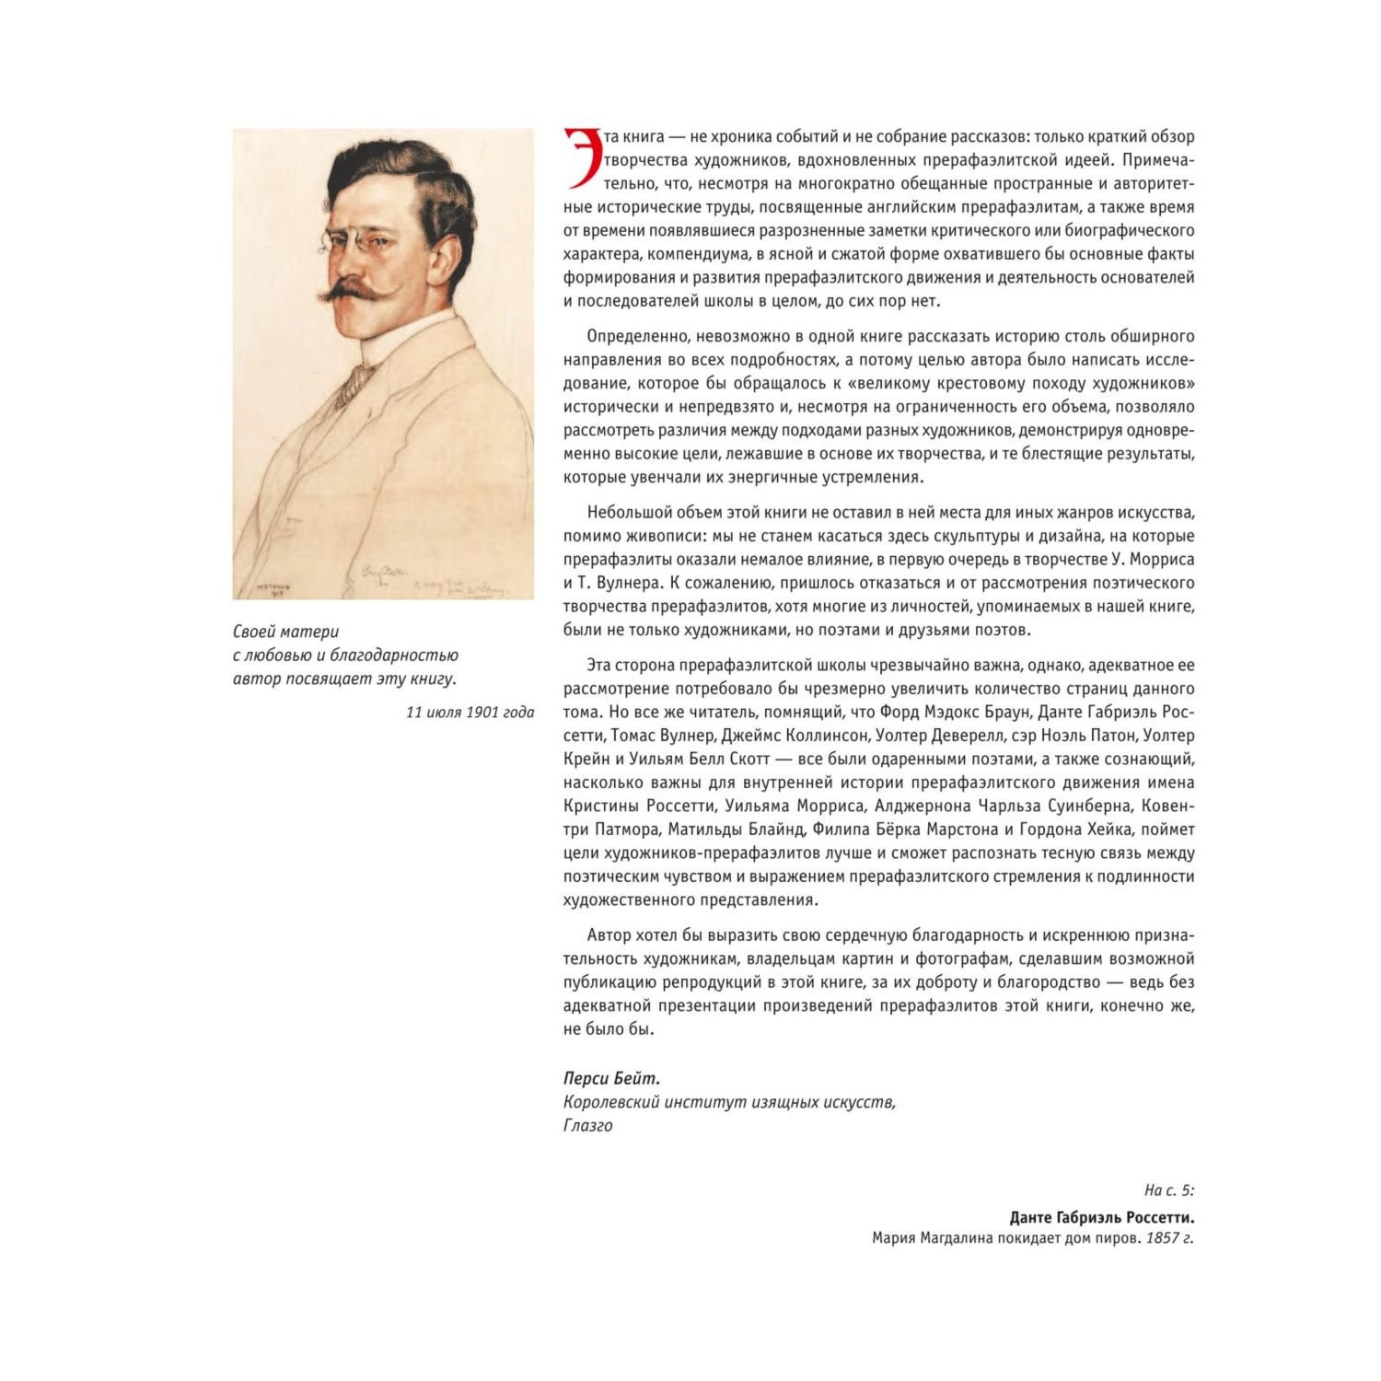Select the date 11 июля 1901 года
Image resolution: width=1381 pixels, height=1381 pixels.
pyautogui.click(x=470, y=712)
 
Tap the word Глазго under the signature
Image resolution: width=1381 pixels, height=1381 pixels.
pyautogui.click(x=587, y=1125)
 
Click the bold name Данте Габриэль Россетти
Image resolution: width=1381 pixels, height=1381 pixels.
pyautogui.click(x=1101, y=1217)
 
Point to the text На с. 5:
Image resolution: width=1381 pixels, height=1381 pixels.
pyautogui.click(x=1168, y=1190)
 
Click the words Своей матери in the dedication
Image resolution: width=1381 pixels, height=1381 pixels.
pyautogui.click(x=285, y=632)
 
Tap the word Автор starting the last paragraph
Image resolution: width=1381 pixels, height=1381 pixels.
pyautogui.click(x=609, y=935)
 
